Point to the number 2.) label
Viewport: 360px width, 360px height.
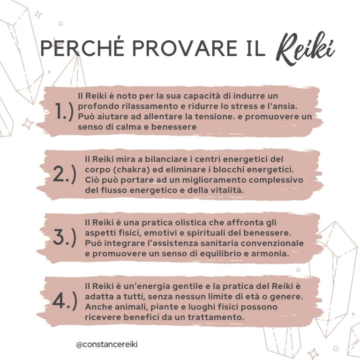[x=64, y=174]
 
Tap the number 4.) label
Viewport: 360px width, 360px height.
[x=64, y=301]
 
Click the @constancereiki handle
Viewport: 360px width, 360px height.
[x=107, y=344]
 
